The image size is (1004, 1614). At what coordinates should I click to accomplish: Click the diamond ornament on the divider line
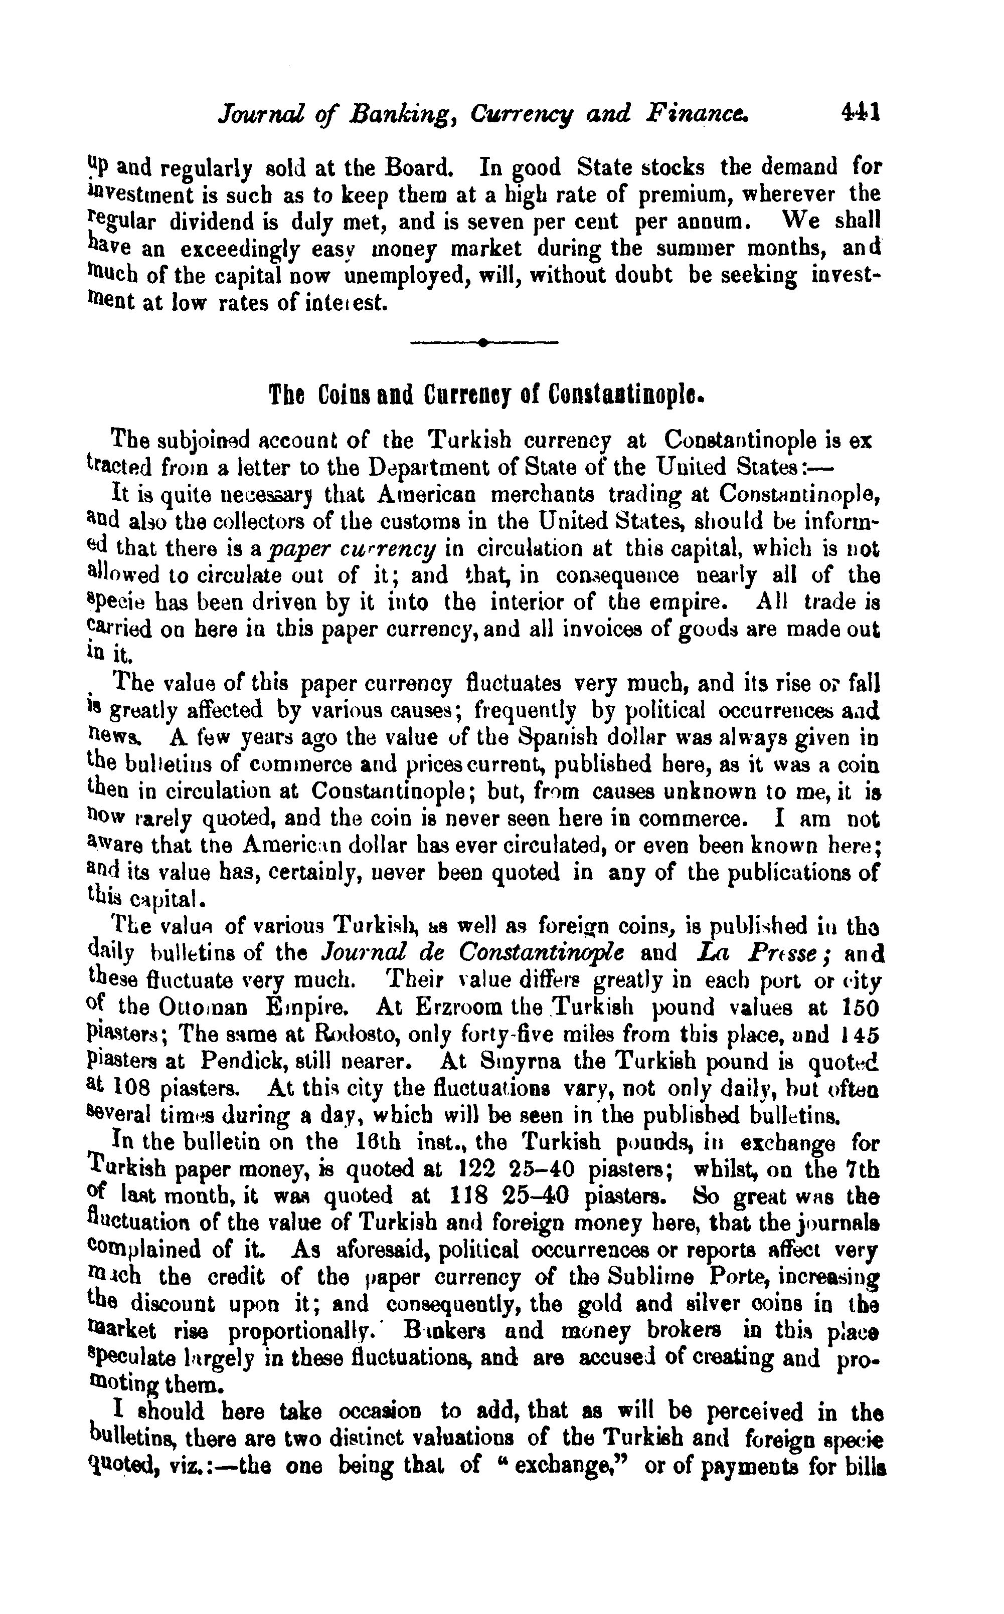[483, 342]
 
